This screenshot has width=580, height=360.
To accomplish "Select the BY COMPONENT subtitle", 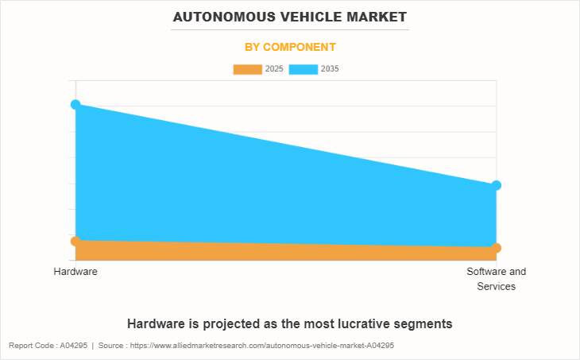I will click(290, 47).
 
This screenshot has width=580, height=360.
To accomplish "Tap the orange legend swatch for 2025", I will click(247, 69).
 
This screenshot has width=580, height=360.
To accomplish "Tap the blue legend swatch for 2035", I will click(303, 69).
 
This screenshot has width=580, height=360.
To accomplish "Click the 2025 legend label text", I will click(274, 69).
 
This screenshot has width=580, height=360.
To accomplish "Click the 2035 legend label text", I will click(330, 69).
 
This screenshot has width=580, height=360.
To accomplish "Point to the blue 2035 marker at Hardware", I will click(75, 104).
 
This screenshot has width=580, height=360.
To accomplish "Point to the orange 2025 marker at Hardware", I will click(75, 241).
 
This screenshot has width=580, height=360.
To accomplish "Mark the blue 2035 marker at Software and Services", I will click(497, 185).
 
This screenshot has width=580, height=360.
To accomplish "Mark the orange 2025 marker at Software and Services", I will click(497, 248).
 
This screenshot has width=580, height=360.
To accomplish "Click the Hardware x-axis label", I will click(75, 272).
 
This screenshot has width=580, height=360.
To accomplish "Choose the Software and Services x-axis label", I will click(497, 279).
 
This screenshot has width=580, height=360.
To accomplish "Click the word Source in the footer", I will click(111, 346).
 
